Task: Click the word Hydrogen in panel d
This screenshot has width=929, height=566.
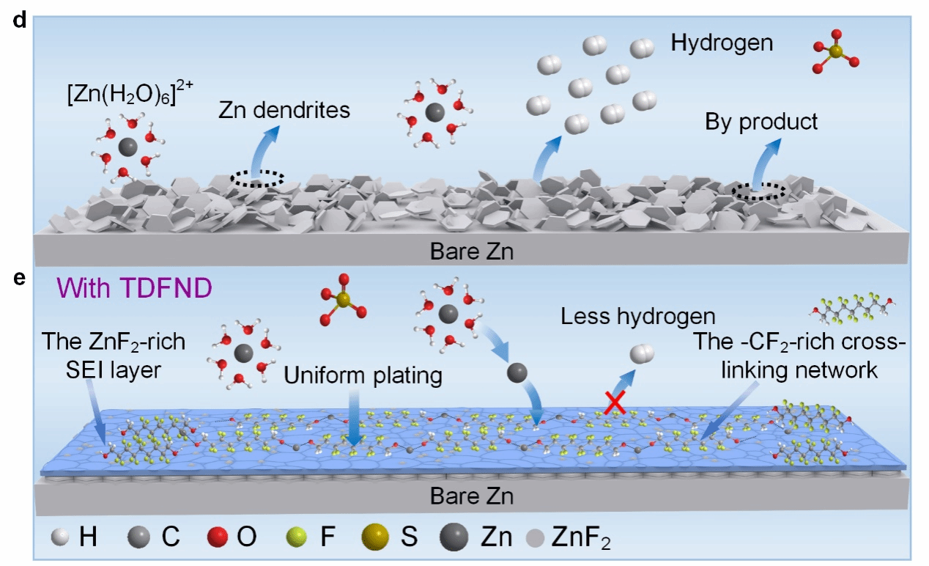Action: coord(722,43)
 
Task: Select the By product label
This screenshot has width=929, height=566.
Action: coord(761,121)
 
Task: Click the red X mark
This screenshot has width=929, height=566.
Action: coord(613,403)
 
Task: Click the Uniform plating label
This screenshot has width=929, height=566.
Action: coord(363,375)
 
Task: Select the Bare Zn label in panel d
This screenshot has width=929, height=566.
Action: coord(471,253)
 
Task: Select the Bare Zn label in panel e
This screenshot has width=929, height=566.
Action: coord(471,496)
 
